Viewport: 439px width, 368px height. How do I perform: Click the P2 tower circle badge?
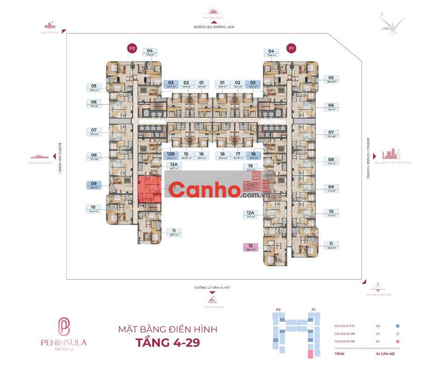click(x=132, y=48)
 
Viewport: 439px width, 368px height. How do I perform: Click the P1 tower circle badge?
click(x=292, y=48)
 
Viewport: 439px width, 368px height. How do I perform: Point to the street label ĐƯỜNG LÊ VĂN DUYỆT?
click(x=213, y=288)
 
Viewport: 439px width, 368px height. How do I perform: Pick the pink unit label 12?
click(x=251, y=248)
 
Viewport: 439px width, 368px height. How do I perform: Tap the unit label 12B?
click(x=170, y=155)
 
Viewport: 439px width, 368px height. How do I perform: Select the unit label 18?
click(x=222, y=155)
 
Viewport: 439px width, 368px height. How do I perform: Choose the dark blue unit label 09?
click(x=93, y=185)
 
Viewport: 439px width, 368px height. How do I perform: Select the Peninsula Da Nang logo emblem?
click(x=64, y=326)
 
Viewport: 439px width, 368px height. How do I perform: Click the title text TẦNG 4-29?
click(x=169, y=343)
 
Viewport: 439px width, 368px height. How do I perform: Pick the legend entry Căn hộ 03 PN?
click(x=344, y=342)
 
